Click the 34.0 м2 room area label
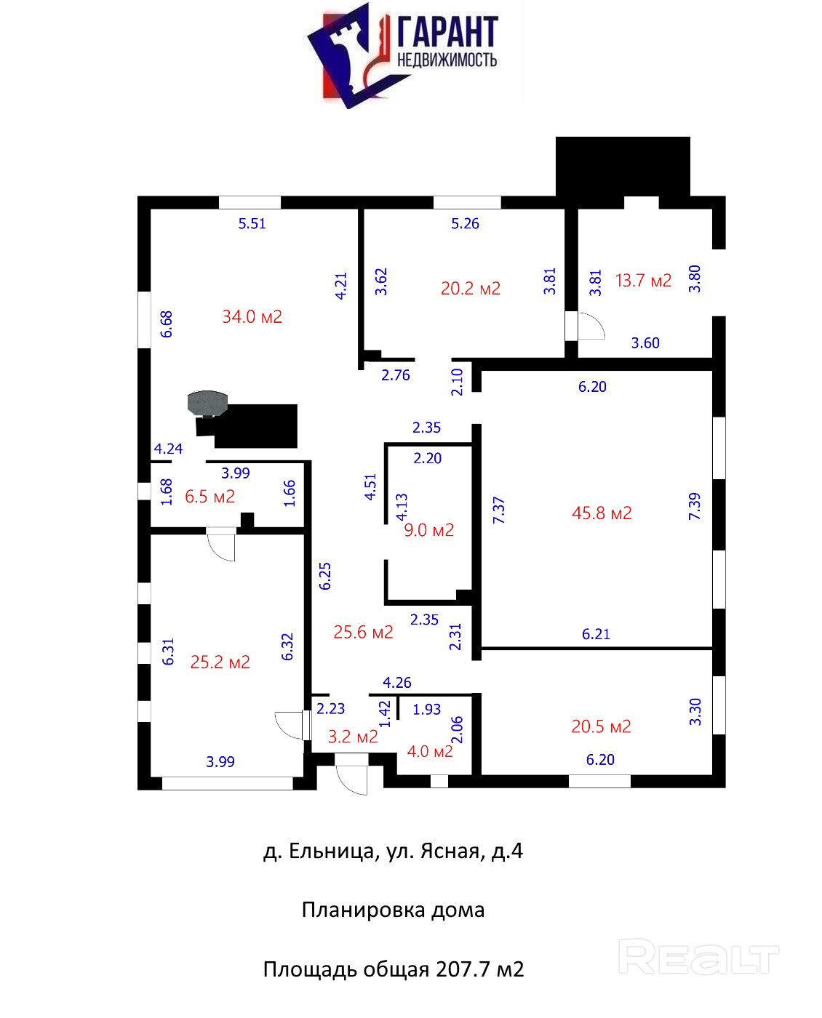(252, 316)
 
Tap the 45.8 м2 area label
(602, 513)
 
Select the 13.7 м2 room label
(643, 281)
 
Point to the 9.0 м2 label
(428, 530)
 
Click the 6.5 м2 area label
(210, 497)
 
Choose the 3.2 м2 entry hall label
(353, 737)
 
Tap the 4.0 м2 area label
(430, 751)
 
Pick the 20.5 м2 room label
(601, 726)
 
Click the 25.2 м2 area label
(220, 662)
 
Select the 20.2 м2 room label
(471, 289)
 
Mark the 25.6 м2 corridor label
(363, 632)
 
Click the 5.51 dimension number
(252, 224)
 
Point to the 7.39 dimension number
(695, 506)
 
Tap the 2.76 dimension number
(396, 375)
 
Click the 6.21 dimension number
(596, 634)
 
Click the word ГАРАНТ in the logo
(447, 32)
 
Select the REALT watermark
(698, 957)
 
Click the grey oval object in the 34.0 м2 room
(207, 401)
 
